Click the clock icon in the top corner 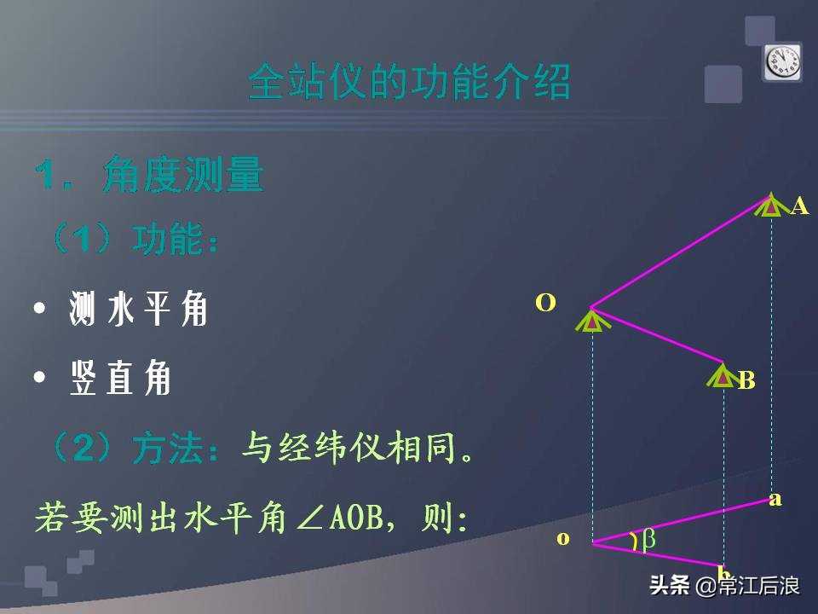click(781, 61)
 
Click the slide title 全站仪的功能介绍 click(409, 84)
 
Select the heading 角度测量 click(182, 176)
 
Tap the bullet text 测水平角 click(138, 310)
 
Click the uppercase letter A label click(798, 206)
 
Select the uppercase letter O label click(545, 302)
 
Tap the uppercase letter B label click(746, 380)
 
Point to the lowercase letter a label click(775, 499)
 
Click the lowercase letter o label click(562, 538)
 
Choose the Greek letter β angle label click(648, 539)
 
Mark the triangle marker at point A click(770, 206)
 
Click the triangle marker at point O click(590, 321)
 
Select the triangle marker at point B click(723, 376)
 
